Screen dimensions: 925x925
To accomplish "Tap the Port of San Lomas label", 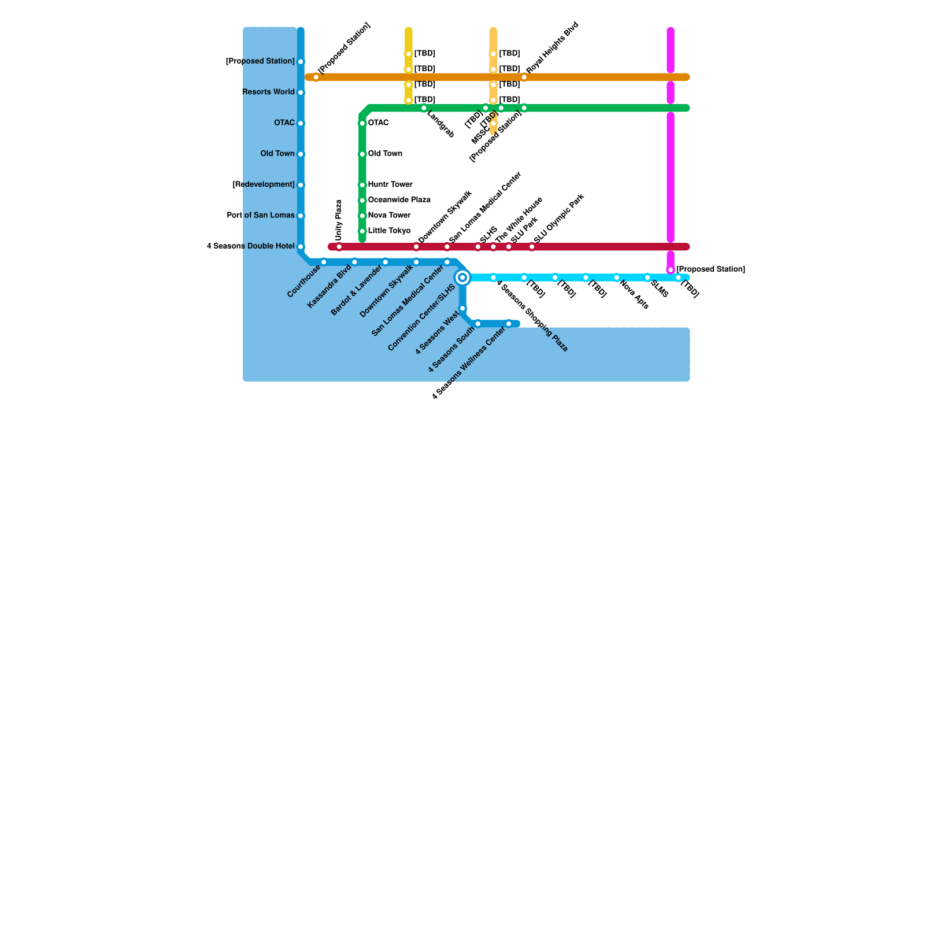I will [261, 216].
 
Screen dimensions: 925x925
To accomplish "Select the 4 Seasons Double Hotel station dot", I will [301, 247].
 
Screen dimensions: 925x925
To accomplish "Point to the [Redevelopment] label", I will [264, 185].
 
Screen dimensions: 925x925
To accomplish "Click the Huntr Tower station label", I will [390, 185].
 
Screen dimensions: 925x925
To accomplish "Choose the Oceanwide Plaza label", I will [399, 201].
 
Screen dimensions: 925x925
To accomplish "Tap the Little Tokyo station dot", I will [362, 231].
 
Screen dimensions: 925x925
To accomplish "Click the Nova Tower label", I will [389, 216].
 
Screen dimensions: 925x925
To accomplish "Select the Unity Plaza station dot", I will [339, 247].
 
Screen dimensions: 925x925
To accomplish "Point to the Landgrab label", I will [441, 124].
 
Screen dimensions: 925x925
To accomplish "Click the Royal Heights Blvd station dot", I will [524, 77].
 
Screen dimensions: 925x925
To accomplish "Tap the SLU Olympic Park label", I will [559, 218].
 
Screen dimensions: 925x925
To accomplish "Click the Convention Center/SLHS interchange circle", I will [462, 277].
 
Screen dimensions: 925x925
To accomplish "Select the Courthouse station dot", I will [324, 262].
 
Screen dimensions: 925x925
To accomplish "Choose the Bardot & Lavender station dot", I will [386, 262].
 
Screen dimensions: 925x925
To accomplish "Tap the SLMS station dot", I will [647, 277].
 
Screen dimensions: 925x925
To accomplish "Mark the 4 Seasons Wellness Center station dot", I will [509, 324].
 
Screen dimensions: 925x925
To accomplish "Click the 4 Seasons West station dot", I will [462, 309].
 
